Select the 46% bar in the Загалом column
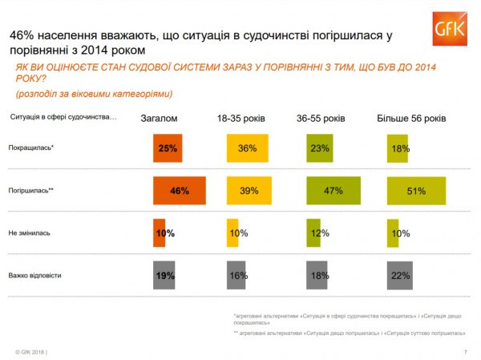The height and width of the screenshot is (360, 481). [180, 191]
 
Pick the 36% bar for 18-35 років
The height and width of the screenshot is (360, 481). [247, 149]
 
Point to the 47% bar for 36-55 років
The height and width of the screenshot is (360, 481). [333, 191]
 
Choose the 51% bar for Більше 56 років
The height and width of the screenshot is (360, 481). [416, 191]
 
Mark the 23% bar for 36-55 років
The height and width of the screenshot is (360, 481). [319, 149]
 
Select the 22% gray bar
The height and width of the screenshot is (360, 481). [399, 275]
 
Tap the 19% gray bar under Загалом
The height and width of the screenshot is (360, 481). [164, 275]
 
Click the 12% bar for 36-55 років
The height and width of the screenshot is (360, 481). [313, 233]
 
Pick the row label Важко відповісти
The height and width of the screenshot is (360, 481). [34, 275]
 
